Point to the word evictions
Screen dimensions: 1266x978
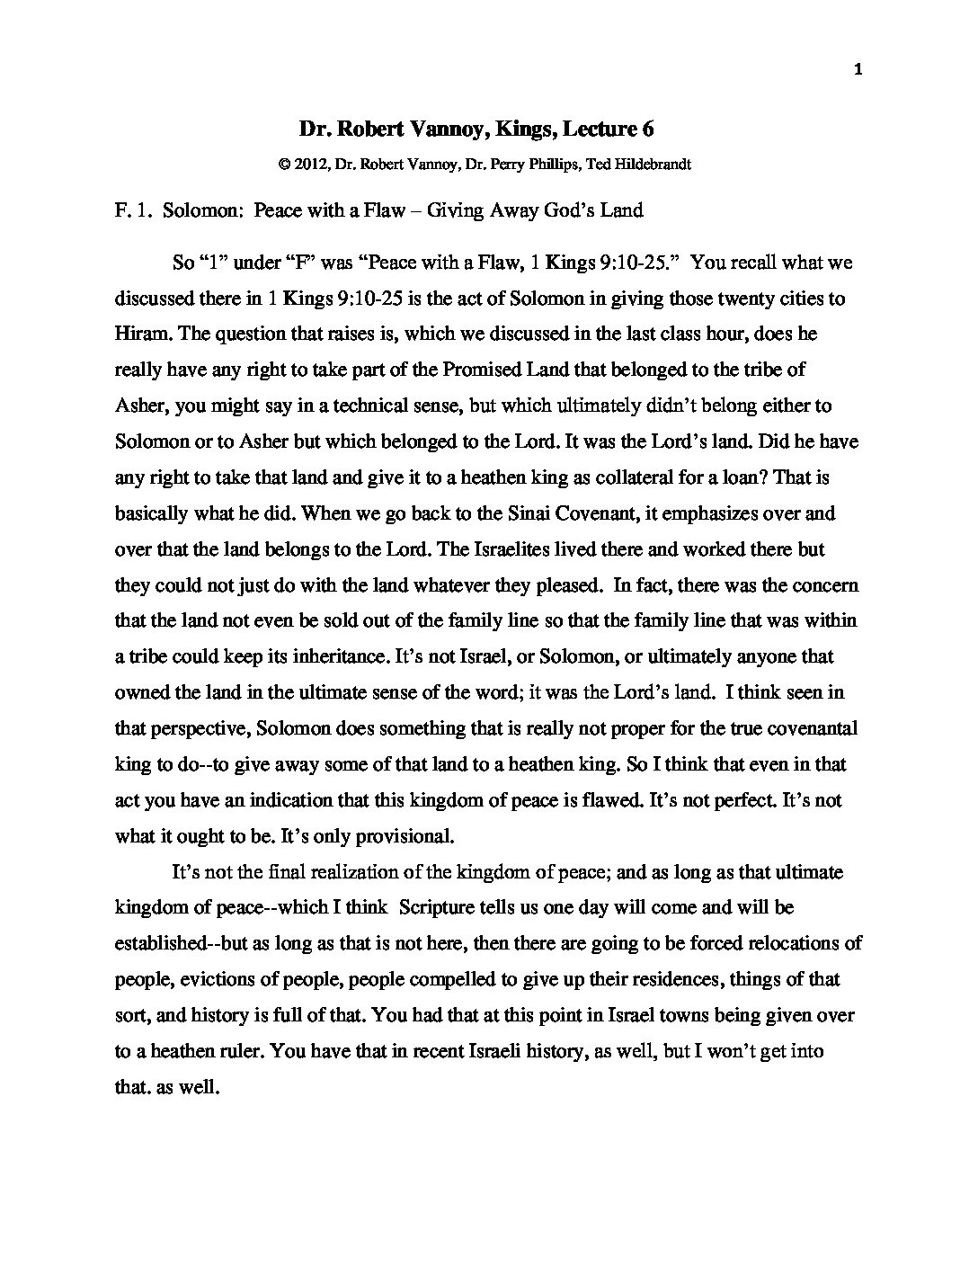205,979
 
